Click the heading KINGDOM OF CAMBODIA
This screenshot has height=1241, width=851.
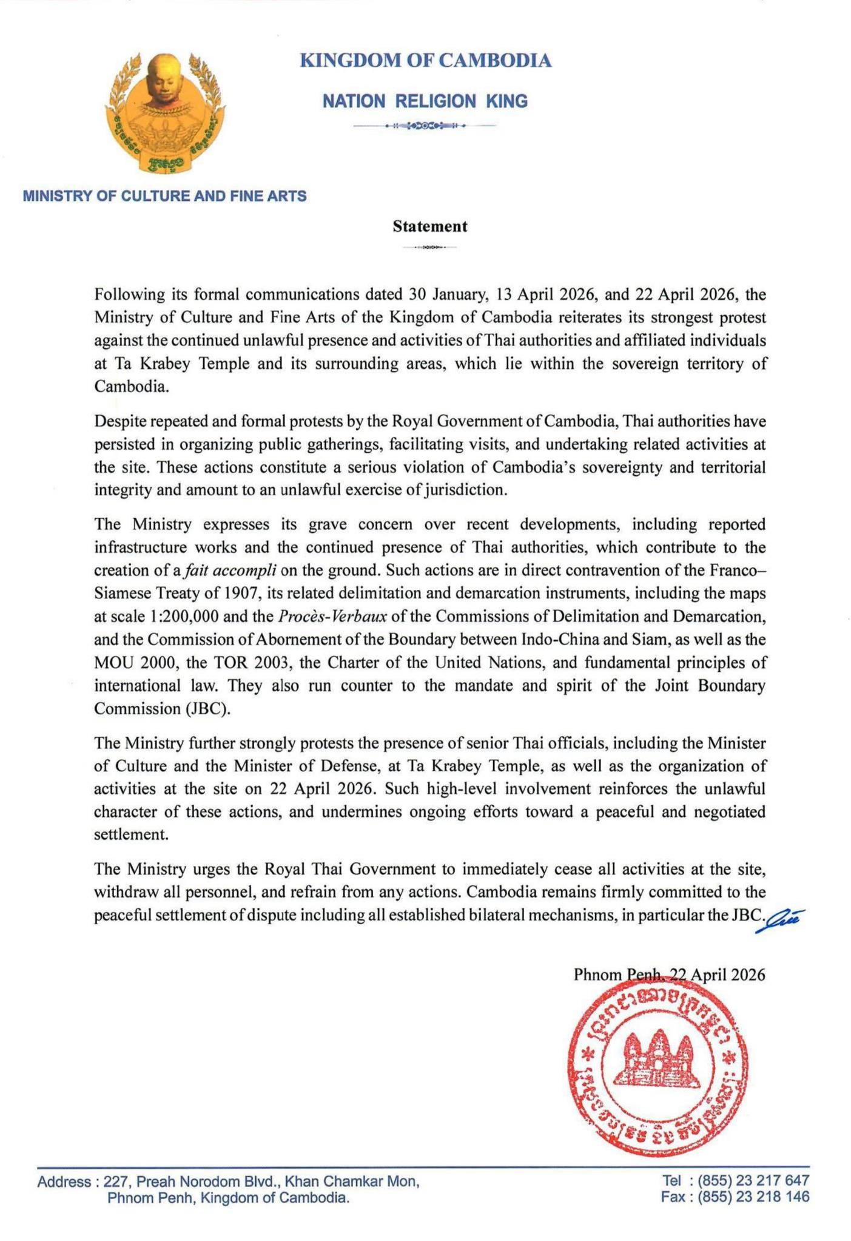tap(426, 61)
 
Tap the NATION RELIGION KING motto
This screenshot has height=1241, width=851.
tap(425, 101)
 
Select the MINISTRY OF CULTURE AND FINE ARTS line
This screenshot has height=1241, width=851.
tap(164, 197)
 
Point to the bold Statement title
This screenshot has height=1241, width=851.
tap(429, 226)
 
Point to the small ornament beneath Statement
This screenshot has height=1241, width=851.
tap(429, 248)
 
